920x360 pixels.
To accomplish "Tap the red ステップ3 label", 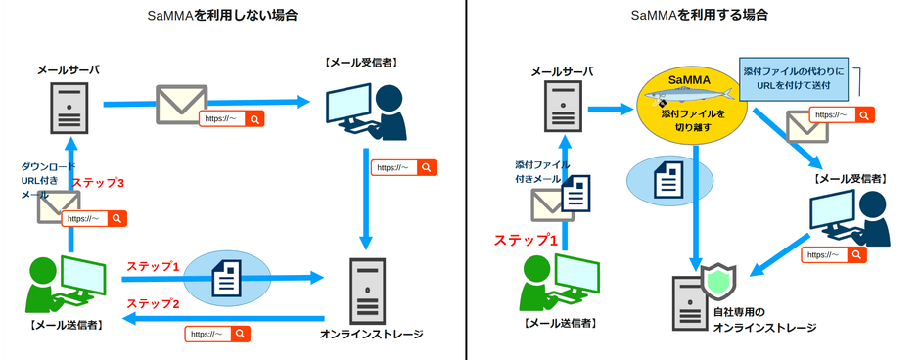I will (99, 183).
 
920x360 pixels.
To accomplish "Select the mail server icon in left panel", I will (69, 107).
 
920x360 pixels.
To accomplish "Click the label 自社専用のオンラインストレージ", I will (762, 320).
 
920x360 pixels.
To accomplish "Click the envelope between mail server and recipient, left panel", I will (181, 103).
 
